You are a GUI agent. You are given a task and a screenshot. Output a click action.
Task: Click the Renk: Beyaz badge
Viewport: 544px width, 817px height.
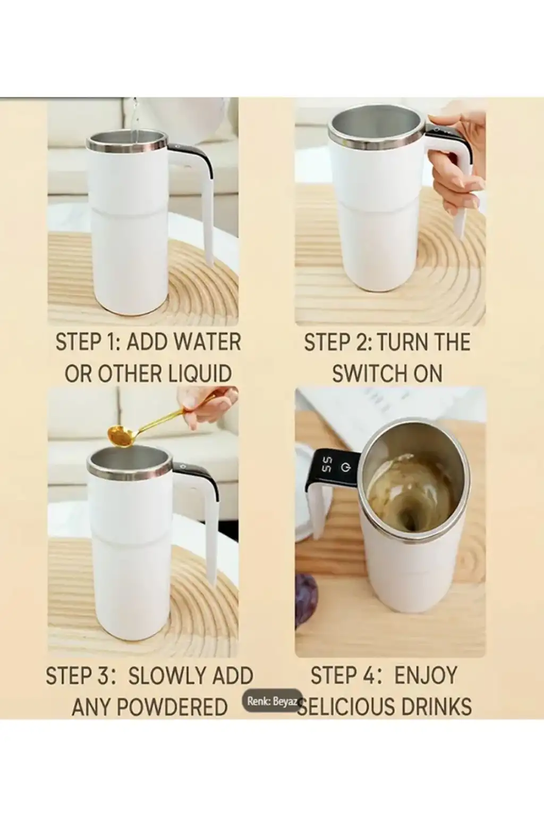pos(273,702)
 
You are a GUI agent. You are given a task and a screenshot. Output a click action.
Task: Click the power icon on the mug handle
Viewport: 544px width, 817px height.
pos(346,468)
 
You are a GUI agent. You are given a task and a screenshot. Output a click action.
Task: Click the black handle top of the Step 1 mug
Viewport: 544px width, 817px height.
pos(190,151)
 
